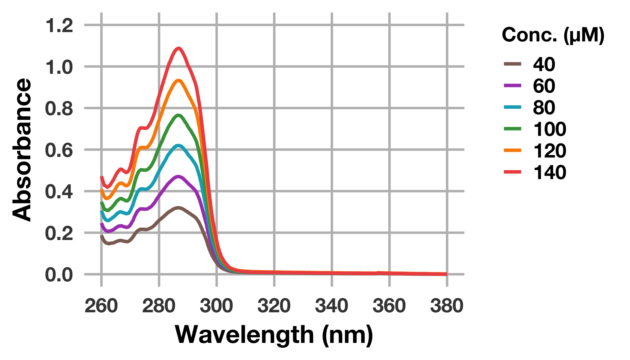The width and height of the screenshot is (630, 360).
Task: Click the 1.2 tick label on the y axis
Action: point(59,26)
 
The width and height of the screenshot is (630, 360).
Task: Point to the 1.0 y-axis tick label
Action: point(59,67)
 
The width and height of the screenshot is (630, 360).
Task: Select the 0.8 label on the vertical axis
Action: point(59,109)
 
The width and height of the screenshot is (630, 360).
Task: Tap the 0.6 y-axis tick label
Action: point(59,150)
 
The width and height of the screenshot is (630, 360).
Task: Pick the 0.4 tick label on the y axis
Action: point(59,192)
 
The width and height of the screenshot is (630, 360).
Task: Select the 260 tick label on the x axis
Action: point(101,306)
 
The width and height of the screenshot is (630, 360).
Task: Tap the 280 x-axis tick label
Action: point(159,306)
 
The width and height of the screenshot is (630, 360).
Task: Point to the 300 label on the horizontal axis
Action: point(217,306)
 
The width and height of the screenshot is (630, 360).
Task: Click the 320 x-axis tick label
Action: point(274,306)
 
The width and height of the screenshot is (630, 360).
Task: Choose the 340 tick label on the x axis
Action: point(332,306)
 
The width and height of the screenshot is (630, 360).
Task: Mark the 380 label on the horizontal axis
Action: point(447,306)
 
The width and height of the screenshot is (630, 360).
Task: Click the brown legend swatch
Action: point(513,64)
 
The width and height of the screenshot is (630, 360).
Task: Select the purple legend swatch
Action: point(513,85)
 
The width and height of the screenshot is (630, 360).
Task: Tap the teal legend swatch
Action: point(513,107)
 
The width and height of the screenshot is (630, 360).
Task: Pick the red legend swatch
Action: point(513,172)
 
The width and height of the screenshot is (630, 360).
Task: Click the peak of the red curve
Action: point(179,48)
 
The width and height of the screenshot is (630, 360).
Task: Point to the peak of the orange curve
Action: point(179,80)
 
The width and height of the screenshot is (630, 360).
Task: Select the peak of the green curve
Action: point(179,115)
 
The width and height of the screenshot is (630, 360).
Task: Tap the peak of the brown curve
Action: point(179,208)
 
